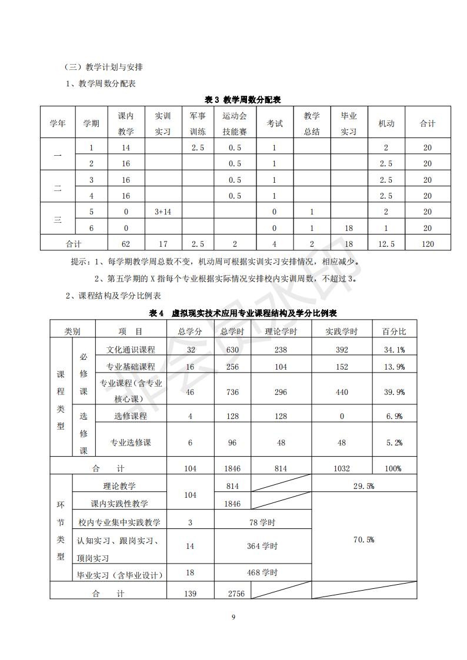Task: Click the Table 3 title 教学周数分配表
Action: (242, 99)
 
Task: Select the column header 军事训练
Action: (198, 123)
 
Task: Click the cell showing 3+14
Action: (163, 212)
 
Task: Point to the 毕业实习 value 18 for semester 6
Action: (349, 228)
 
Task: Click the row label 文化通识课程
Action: (131, 350)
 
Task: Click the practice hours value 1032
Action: (341, 468)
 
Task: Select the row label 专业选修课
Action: (131, 443)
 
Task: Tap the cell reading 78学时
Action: (262, 522)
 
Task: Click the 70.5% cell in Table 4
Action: (363, 540)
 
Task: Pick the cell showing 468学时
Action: (262, 572)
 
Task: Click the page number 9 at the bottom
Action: (233, 617)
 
